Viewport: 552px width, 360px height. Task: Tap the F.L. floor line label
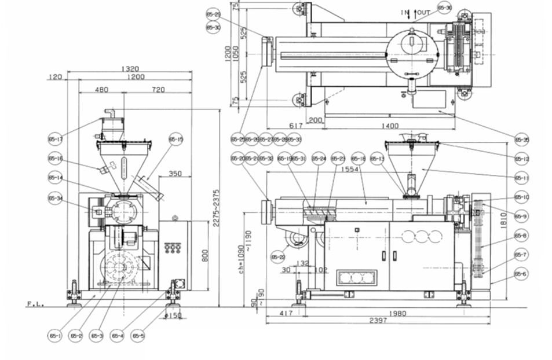tap(34, 303)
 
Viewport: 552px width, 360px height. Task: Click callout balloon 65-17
tap(56, 139)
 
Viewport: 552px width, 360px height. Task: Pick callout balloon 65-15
tap(176, 139)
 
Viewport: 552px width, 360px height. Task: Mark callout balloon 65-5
tap(138, 335)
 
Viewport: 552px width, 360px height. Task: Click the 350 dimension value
tap(176, 174)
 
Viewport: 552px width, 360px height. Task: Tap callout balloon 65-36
tap(445, 8)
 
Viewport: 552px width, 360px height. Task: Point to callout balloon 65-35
tap(521, 139)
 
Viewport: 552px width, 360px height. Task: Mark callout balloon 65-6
tap(521, 274)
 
